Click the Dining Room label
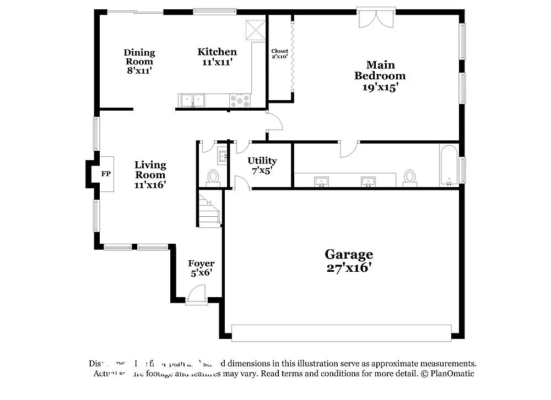point(139,61)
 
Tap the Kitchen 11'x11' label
point(217,57)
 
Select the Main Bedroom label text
point(380,76)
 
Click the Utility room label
point(262,165)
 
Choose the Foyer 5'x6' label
point(201,268)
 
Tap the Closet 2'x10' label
point(279,53)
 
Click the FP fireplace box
point(106,174)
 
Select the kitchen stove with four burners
point(240,101)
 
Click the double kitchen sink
point(192,100)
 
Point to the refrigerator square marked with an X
point(255,30)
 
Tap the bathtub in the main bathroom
point(449,165)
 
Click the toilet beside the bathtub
point(409,177)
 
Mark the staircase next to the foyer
point(209,210)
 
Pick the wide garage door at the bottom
point(341,332)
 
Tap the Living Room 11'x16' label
point(150,174)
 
